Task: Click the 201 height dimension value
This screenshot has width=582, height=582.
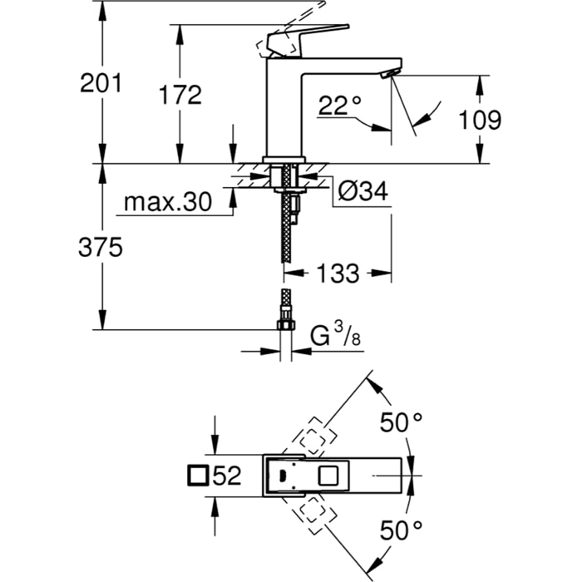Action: (101, 83)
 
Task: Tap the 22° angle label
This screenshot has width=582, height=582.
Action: (339, 104)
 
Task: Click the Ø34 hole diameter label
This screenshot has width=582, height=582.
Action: (363, 192)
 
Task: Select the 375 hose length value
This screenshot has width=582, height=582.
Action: (101, 247)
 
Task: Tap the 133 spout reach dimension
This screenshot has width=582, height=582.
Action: (338, 272)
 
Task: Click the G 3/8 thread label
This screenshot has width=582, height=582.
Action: (336, 337)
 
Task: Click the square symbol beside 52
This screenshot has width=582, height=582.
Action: (198, 476)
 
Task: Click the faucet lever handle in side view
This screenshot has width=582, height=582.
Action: (308, 37)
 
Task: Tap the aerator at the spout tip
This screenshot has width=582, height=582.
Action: (384, 75)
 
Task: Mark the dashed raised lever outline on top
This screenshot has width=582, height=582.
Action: (294, 17)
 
